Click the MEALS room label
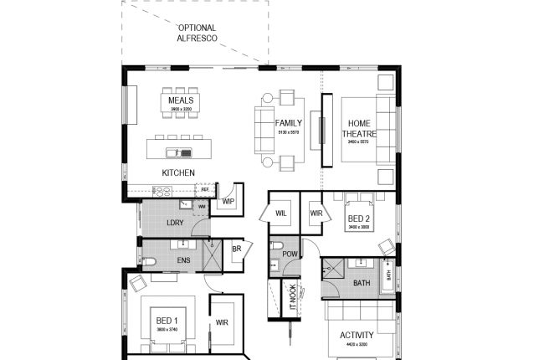coord(181,100)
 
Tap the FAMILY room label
coord(289,123)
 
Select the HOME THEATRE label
coord(359,129)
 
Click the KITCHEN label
coord(178,173)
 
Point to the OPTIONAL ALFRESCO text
coord(198,33)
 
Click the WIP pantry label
coord(228,202)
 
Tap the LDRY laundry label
coord(175,223)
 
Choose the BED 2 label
coord(359,219)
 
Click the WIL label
coord(281,213)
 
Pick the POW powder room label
coord(290,253)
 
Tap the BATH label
coord(362,283)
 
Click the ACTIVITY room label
coord(357,335)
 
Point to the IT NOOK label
coord(292,298)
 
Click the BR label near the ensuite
coord(237,249)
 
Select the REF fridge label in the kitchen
coord(204,189)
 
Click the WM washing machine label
coord(202,206)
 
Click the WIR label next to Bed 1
coord(222,321)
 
